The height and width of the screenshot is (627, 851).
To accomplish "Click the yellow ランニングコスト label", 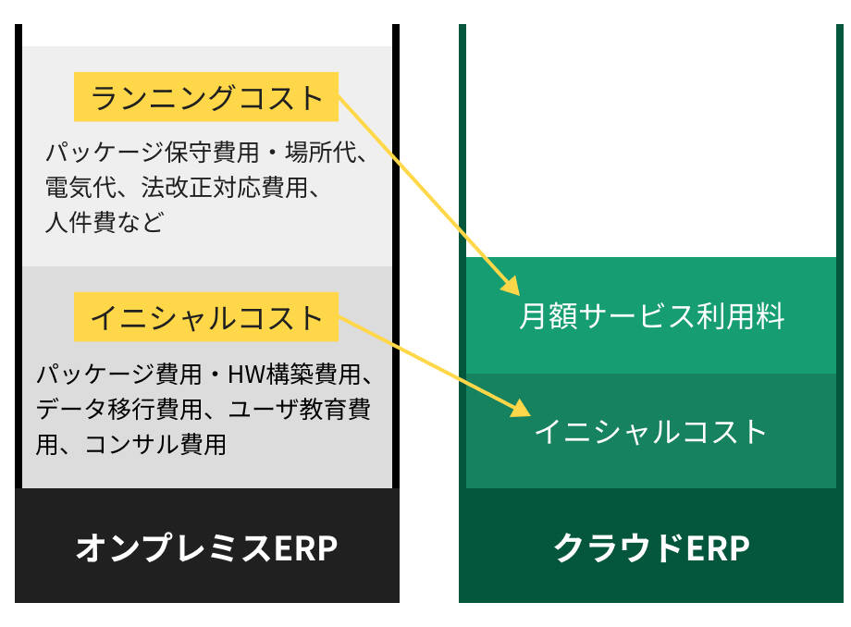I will (x=206, y=97).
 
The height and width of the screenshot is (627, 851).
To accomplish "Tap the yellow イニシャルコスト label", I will (x=206, y=317).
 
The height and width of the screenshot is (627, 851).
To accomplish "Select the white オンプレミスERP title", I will (x=206, y=547).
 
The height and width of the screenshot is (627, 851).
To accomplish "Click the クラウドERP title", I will (x=651, y=547).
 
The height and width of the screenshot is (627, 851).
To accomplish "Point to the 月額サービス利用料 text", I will (x=651, y=316).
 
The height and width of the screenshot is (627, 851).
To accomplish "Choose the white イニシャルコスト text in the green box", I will (x=651, y=431).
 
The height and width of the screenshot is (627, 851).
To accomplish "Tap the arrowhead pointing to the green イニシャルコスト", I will (x=521, y=407).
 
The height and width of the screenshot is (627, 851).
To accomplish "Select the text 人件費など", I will (x=104, y=223).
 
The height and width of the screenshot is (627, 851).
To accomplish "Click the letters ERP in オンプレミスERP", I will (x=305, y=547).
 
